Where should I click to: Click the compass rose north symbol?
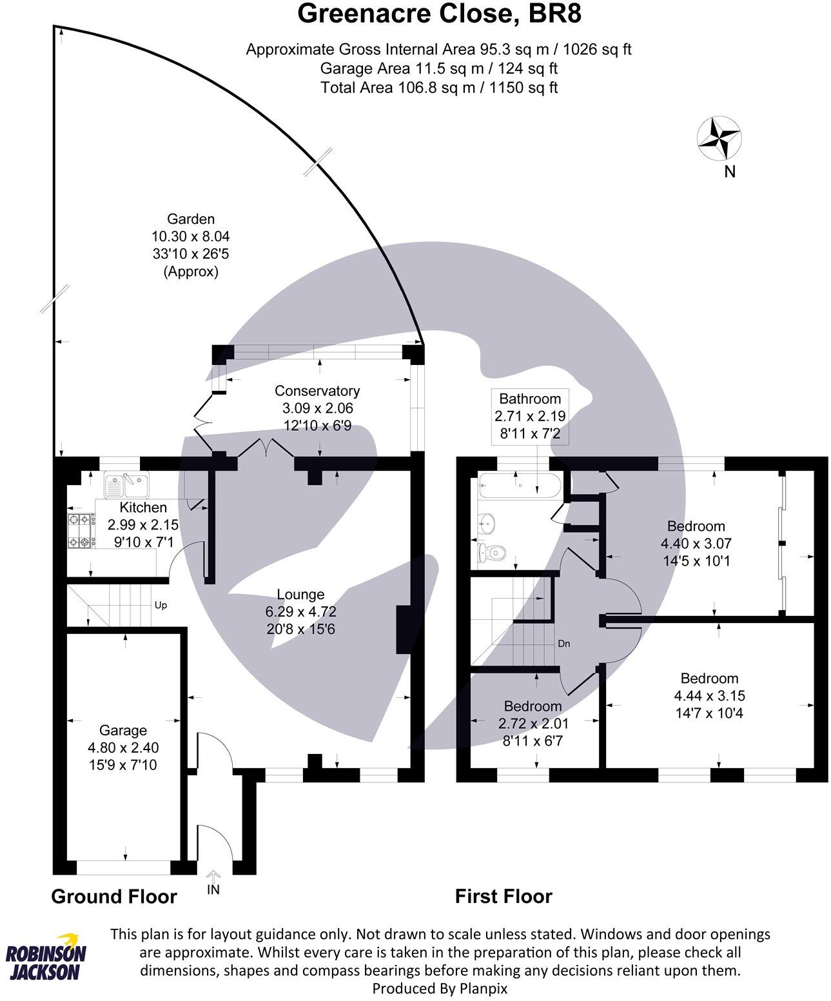pos(719,137)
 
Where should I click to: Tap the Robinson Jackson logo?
pos(46,957)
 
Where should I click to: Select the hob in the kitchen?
pos(81,530)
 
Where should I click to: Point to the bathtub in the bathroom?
pos(520,486)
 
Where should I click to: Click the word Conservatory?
pos(317,391)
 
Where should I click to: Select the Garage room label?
pos(122,730)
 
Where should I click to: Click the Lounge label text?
pos(300,594)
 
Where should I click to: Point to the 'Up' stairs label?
pos(161,606)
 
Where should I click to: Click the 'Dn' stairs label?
pos(563,644)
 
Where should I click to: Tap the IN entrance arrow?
pos(213,883)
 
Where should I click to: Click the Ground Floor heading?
pos(113,897)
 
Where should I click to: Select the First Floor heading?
pos(503,897)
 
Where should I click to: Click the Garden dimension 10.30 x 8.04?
pos(190,236)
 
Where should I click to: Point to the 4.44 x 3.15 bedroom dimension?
pos(709,696)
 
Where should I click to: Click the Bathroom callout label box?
pos(530,416)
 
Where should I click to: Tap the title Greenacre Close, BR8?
pos(439,14)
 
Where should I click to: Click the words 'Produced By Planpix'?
pos(440,987)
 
